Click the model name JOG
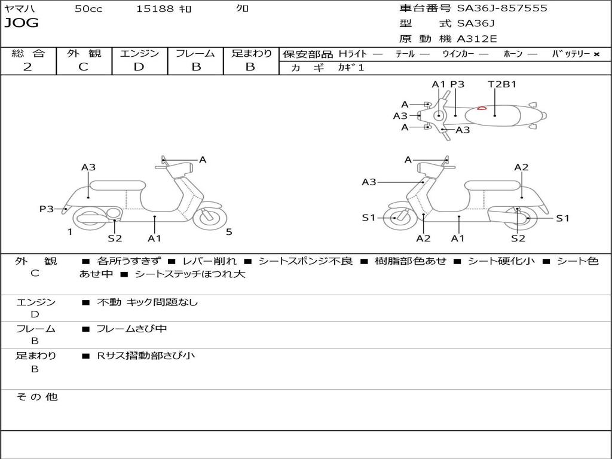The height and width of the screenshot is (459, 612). click(x=22, y=23)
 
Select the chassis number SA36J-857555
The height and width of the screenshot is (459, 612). click(x=502, y=8)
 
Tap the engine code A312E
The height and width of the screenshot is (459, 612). click(x=477, y=39)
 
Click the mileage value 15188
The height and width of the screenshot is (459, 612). click(x=155, y=9)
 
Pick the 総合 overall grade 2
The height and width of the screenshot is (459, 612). click(x=27, y=67)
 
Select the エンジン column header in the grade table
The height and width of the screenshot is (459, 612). click(x=139, y=53)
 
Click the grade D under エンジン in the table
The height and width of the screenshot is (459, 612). click(x=139, y=67)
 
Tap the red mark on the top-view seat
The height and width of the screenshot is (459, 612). click(x=481, y=108)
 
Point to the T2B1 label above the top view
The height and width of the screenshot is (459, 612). click(x=502, y=84)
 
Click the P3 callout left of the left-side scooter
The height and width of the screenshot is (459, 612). click(x=47, y=209)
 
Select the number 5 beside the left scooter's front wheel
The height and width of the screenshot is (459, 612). click(x=229, y=232)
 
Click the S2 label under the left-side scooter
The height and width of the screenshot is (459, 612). click(x=115, y=238)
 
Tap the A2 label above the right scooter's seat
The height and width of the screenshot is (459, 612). click(x=521, y=167)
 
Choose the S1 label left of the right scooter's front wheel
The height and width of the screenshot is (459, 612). click(x=369, y=218)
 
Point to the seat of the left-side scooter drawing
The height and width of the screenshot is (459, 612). click(x=118, y=185)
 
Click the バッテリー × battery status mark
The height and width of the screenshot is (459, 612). click(x=596, y=54)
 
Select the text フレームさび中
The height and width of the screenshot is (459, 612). click(x=131, y=329)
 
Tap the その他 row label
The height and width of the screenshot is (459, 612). click(x=36, y=397)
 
